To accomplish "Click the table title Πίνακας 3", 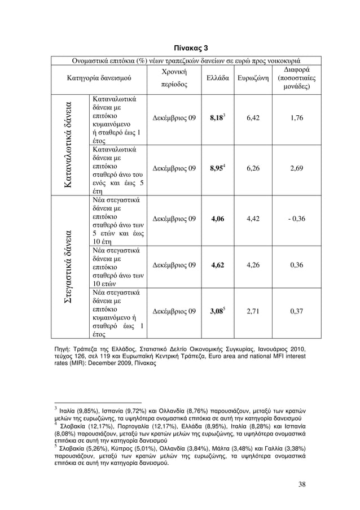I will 179,46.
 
